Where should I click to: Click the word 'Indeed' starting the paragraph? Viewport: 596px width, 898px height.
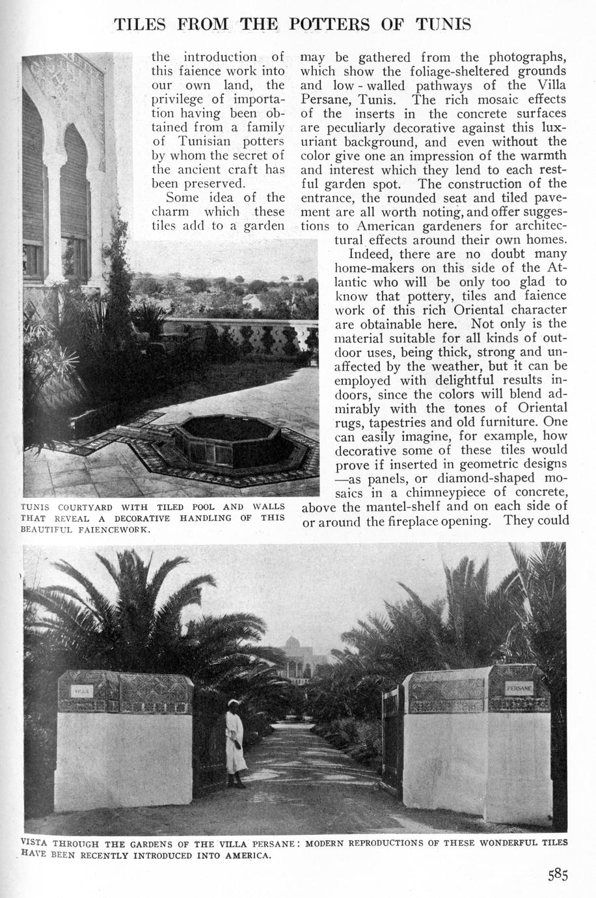370,254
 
